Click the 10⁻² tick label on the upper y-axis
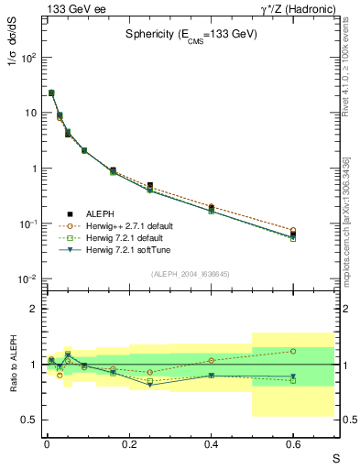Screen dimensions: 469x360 [x=28, y=279]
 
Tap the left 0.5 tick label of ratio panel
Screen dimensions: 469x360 [x=29, y=420]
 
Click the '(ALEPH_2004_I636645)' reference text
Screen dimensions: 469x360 [x=191, y=273]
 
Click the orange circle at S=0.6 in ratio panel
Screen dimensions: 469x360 [x=293, y=351]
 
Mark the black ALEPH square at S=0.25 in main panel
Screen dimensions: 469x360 [x=149, y=185]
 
